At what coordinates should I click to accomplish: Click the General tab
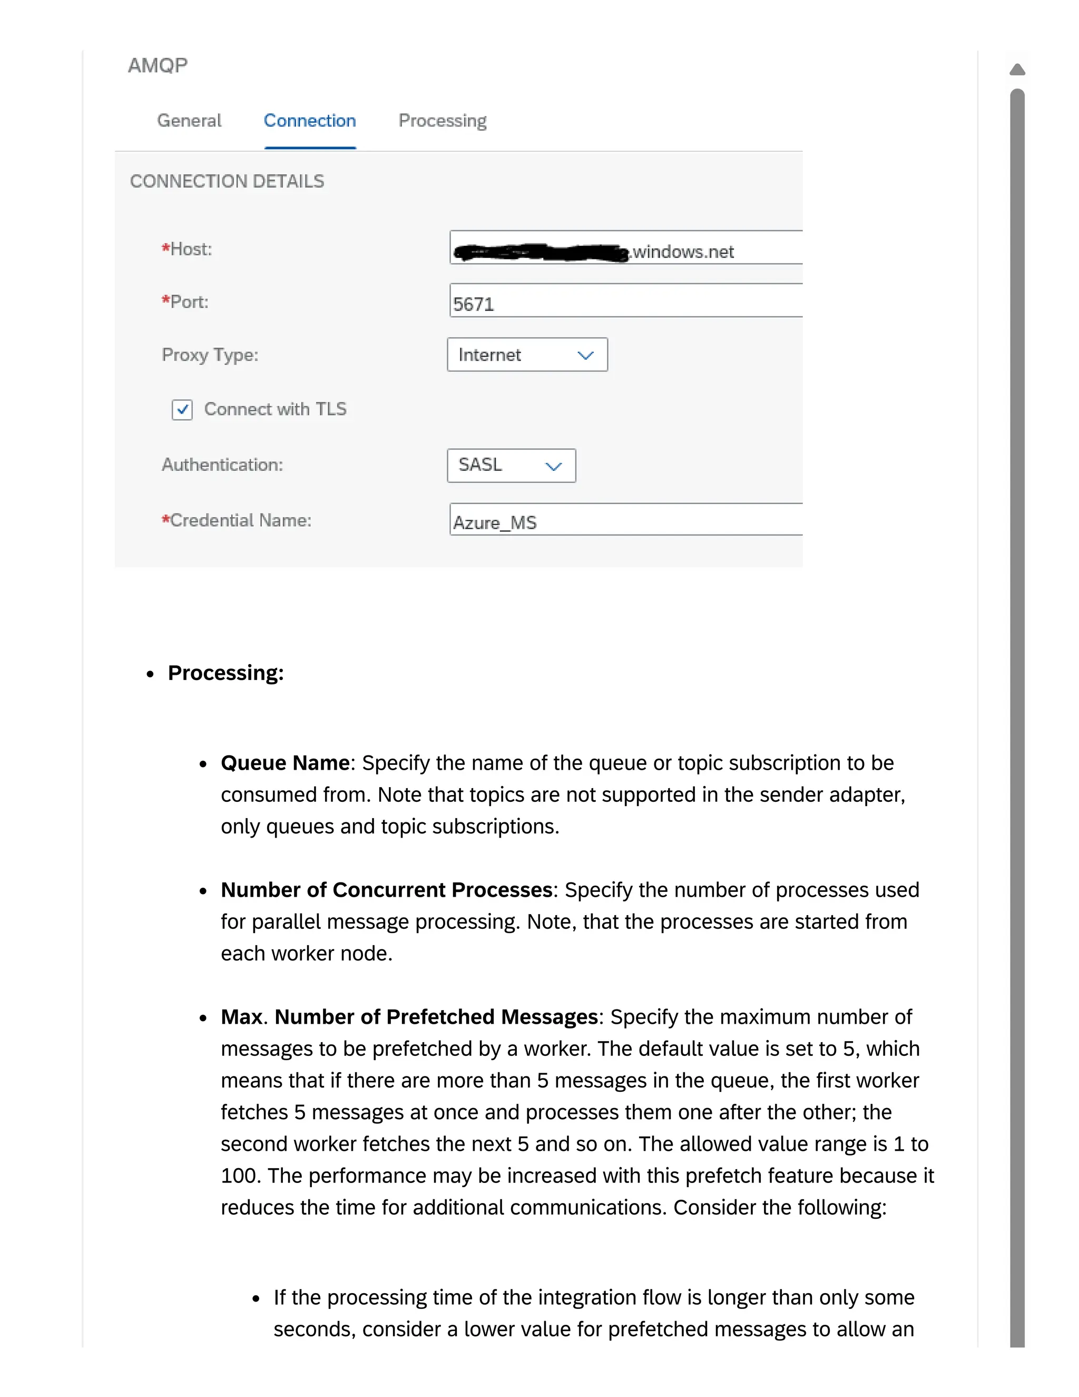pyautogui.click(x=189, y=120)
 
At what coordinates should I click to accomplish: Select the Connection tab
pyautogui.click(x=309, y=120)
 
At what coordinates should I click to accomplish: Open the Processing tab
pyautogui.click(x=443, y=120)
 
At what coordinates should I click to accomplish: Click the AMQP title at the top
pyautogui.click(x=157, y=65)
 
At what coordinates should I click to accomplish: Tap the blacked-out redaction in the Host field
pyautogui.click(x=540, y=253)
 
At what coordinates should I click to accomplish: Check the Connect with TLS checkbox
pyautogui.click(x=182, y=410)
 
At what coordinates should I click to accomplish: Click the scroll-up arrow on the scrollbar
pyautogui.click(x=1017, y=69)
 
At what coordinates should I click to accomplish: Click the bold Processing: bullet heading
pyautogui.click(x=225, y=673)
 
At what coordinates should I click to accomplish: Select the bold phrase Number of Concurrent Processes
pyautogui.click(x=386, y=890)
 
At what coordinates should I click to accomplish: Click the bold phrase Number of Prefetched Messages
pyautogui.click(x=436, y=1016)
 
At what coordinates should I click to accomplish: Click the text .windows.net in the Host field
pyautogui.click(x=683, y=252)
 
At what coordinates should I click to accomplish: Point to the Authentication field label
pyautogui.click(x=222, y=464)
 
